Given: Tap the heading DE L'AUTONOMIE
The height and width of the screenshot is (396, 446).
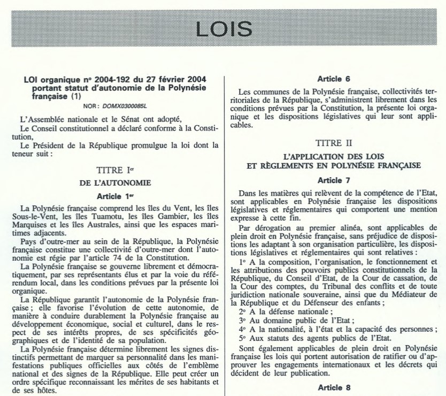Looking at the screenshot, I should tap(113, 182).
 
